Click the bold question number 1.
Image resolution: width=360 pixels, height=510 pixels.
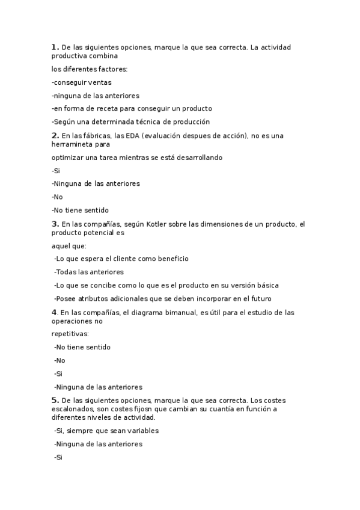[x=55, y=47]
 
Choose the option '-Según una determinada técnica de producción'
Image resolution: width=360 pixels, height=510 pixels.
[x=130, y=121]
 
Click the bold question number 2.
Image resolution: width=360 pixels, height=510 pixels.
[x=55, y=135]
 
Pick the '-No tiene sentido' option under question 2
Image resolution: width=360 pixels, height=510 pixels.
[x=80, y=210]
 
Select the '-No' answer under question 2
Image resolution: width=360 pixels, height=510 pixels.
[x=57, y=197]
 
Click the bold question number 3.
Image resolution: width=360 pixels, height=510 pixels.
[x=55, y=224]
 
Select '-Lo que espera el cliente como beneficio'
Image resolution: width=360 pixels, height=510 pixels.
[x=121, y=259]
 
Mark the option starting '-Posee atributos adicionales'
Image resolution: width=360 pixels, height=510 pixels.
[x=162, y=298]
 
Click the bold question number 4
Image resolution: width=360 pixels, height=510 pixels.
[x=54, y=312]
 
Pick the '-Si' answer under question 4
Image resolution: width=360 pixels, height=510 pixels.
[x=58, y=373]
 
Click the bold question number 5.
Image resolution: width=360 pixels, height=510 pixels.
[x=55, y=400]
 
